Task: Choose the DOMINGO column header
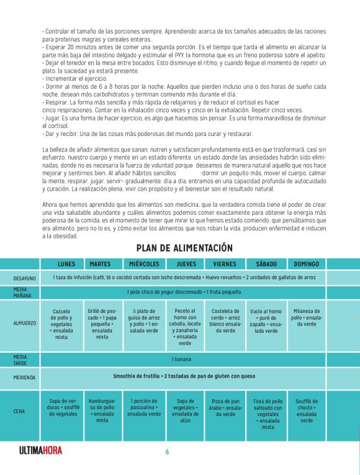coord(307,264)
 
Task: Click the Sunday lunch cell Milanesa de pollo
coord(307,317)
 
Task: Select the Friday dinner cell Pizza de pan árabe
coord(225,407)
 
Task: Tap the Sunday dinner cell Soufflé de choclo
coord(307,411)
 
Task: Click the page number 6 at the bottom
coord(167,451)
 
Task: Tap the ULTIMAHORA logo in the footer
coord(41,451)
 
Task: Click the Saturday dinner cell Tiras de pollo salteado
coord(268,414)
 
